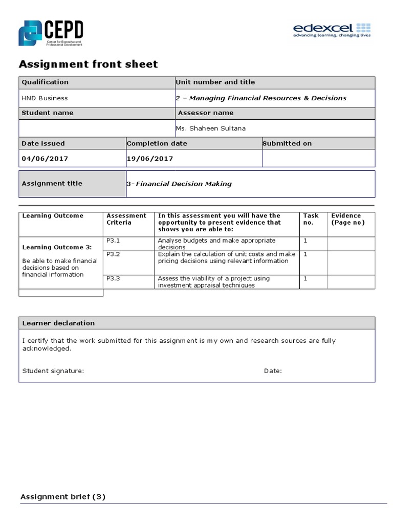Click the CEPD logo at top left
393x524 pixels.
click(x=51, y=33)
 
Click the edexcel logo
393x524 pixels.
click(x=332, y=30)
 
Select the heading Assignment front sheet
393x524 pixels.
click(x=88, y=64)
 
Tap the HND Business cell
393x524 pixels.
click(x=45, y=98)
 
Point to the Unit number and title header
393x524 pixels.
click(x=215, y=82)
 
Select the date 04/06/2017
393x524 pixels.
click(x=45, y=159)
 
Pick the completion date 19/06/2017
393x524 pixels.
click(x=150, y=159)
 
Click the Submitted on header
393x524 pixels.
click(x=287, y=144)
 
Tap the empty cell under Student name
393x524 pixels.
click(x=97, y=128)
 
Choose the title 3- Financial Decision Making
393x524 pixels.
click(x=179, y=184)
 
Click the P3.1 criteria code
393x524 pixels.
click(x=113, y=241)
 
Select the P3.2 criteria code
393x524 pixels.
click(x=113, y=254)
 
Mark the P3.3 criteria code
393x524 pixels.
click(x=113, y=278)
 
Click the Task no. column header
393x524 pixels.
click(x=311, y=219)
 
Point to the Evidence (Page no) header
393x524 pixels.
click(x=348, y=219)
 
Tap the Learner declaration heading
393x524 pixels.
click(x=58, y=323)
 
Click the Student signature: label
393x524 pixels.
click(x=53, y=371)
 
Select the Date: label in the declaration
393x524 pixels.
click(x=273, y=371)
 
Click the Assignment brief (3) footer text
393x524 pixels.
click(x=62, y=497)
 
